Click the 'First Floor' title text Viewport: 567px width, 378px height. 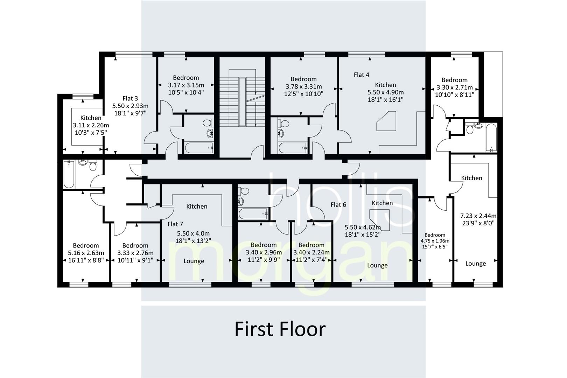[x=280, y=329]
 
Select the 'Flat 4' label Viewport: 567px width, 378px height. [x=361, y=75]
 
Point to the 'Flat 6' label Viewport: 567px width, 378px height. [x=338, y=205]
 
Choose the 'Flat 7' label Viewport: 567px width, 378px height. [x=175, y=224]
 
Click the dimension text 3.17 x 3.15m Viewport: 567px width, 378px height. [x=186, y=85]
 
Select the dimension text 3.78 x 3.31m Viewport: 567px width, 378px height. [x=303, y=86]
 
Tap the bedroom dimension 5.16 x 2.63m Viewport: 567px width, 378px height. [x=86, y=253]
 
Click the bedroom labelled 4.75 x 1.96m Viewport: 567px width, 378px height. [x=435, y=241]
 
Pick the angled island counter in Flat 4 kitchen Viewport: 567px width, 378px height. [x=387, y=121]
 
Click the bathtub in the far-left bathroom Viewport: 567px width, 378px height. [x=68, y=174]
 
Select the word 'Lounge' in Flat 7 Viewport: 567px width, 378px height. [x=194, y=261]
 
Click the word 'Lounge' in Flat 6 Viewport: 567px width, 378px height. [x=377, y=265]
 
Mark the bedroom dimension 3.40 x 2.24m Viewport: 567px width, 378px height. [x=311, y=252]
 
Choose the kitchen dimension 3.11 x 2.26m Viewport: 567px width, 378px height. [x=91, y=125]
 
